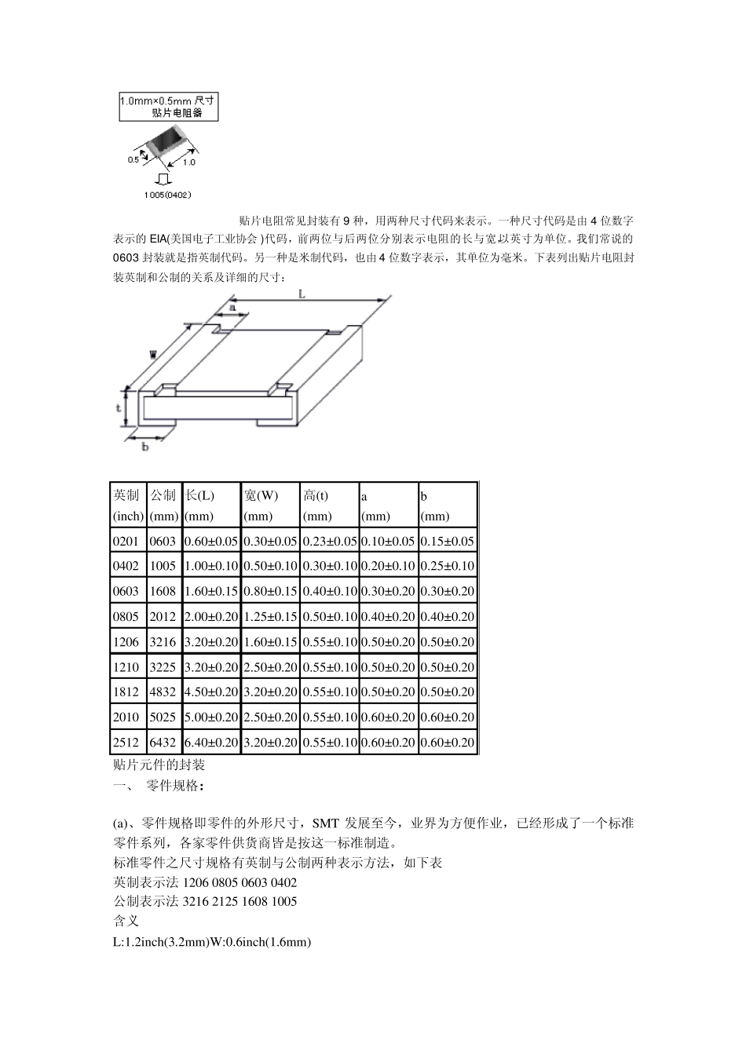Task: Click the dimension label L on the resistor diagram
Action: (x=302, y=292)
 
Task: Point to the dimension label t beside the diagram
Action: (x=119, y=408)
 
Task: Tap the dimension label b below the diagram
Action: (x=145, y=447)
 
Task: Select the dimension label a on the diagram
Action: (x=232, y=308)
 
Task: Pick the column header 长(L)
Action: (x=199, y=495)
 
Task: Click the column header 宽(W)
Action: (x=261, y=495)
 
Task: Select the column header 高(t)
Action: (x=316, y=495)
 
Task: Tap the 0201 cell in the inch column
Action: (x=126, y=541)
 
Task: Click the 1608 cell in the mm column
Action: (x=163, y=591)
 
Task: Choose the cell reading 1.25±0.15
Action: (x=270, y=616)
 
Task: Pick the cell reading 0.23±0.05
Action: (x=330, y=541)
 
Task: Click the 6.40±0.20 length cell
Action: (x=210, y=742)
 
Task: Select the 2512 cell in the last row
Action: (x=126, y=742)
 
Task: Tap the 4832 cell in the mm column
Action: (x=163, y=692)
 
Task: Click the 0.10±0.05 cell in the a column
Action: (x=388, y=541)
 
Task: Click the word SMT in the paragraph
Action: (x=325, y=823)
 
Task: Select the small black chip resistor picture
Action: (x=167, y=142)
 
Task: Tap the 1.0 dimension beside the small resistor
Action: (x=189, y=162)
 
